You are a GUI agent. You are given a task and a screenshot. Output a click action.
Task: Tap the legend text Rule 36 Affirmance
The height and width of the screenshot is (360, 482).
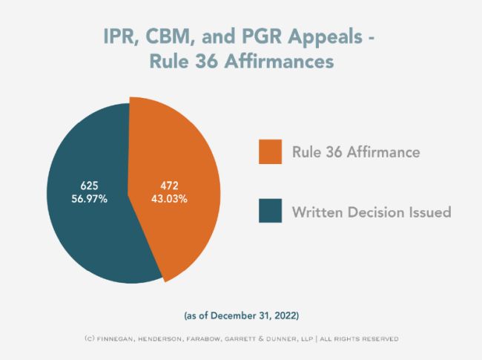click(357, 153)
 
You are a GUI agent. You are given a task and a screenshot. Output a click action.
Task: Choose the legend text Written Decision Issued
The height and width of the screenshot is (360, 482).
click(372, 212)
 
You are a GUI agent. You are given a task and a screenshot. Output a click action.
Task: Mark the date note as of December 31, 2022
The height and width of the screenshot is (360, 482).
click(241, 314)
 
